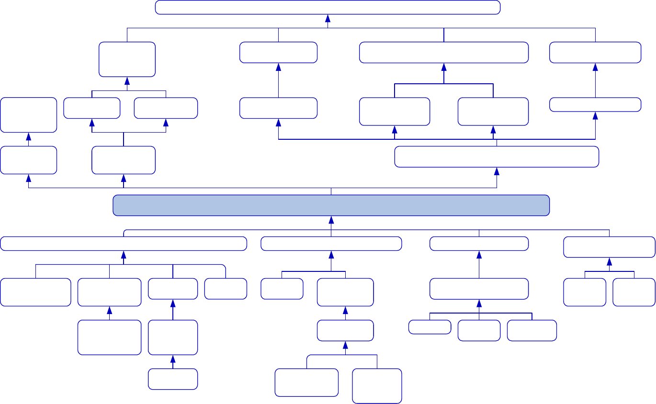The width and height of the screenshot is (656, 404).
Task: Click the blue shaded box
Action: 331,205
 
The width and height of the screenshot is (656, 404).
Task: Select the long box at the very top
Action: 328,8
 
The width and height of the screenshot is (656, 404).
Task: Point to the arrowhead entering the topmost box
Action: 328,18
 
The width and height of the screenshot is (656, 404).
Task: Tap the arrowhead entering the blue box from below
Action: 331,220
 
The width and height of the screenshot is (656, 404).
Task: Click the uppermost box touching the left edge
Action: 29,115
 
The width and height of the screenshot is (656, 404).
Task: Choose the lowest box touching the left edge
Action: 35,292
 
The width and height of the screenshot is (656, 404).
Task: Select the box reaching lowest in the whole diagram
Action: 377,386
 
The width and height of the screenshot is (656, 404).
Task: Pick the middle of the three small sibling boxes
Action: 479,330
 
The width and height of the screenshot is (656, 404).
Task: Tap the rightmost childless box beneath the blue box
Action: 634,292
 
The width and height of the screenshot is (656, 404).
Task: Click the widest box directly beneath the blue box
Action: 124,244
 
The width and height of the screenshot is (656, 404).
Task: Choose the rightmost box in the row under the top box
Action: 595,53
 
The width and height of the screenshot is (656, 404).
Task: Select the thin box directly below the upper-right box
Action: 595,104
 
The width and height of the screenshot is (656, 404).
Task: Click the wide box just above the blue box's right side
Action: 497,157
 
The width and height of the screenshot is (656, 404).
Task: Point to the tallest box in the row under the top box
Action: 127,59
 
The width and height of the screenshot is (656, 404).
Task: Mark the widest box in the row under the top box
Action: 444,53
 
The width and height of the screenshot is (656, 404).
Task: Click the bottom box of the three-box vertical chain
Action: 173,379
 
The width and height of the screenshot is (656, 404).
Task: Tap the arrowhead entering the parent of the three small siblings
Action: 479,303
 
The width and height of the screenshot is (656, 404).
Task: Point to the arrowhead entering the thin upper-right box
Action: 595,116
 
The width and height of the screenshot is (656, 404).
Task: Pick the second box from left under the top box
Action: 278,53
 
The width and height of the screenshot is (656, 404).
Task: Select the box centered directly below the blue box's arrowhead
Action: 331,244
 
